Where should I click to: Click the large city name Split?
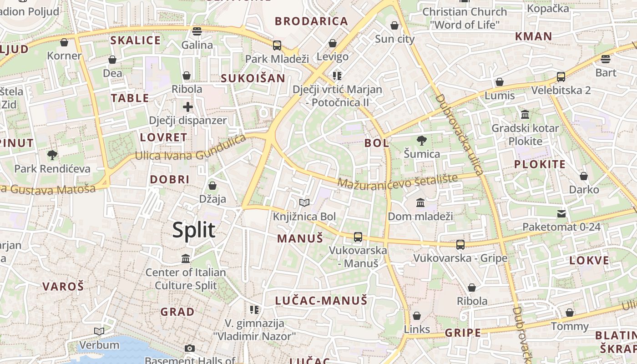(x=194, y=230)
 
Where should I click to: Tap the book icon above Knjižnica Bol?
(x=304, y=202)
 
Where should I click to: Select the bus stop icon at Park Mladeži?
(x=277, y=45)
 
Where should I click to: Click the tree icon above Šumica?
(x=422, y=141)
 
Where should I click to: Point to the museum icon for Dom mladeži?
(x=420, y=202)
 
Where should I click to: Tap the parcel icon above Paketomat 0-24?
(x=561, y=213)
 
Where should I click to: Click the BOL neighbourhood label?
(x=377, y=143)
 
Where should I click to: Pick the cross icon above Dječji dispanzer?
(x=187, y=107)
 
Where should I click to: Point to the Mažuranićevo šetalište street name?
(x=397, y=181)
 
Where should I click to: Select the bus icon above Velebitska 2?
(x=561, y=77)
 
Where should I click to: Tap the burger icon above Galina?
(x=197, y=31)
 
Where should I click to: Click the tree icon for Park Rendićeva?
(x=52, y=155)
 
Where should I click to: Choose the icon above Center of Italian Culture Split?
(x=186, y=258)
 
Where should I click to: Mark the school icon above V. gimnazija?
(x=254, y=310)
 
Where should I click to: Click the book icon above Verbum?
(x=99, y=331)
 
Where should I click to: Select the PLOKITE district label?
(x=540, y=165)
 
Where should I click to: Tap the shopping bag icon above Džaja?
(x=212, y=186)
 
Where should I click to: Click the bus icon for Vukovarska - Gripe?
(x=460, y=245)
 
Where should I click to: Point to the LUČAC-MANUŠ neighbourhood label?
(x=321, y=300)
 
